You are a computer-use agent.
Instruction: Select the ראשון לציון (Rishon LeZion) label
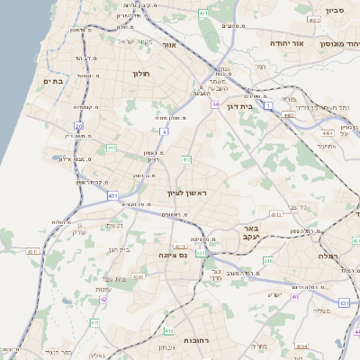pyautogui.click(x=186, y=193)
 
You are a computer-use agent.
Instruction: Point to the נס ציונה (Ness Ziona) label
pyautogui.click(x=171, y=255)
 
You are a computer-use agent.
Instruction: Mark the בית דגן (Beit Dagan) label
pyautogui.click(x=257, y=104)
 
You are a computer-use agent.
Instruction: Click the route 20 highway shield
pyautogui.click(x=79, y=127)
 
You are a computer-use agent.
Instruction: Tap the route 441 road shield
pyautogui.click(x=111, y=147)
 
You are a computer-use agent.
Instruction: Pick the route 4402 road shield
pyautogui.click(x=289, y=115)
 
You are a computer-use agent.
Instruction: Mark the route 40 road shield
pyautogui.click(x=293, y=296)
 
